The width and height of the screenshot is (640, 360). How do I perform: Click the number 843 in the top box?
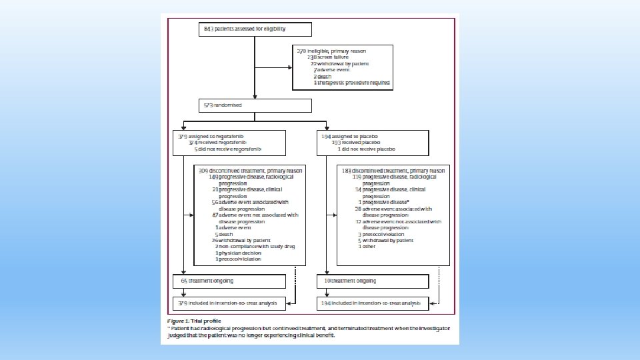(208, 29)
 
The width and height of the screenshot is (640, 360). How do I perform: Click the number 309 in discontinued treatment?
(203, 171)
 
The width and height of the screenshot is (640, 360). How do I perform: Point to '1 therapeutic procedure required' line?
(352, 83)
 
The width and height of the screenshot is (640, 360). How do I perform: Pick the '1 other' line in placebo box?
(367, 247)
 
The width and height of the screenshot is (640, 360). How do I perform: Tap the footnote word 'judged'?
(176, 336)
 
